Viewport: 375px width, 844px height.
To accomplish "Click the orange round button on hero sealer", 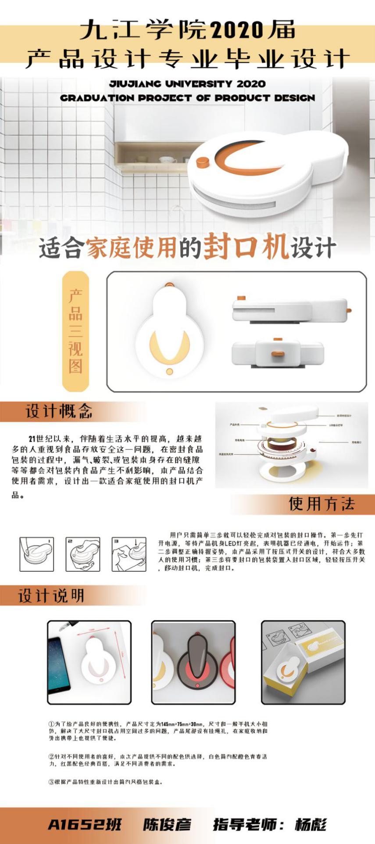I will pos(202,163).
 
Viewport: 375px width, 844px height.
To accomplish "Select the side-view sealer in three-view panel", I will pos(289,310).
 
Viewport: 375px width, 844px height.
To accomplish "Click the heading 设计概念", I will pos(59,411).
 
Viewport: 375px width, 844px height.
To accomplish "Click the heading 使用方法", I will pos(321,504).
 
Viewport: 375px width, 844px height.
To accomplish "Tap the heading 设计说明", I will pos(51,596).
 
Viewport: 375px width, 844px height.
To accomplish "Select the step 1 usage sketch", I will pos(37,554).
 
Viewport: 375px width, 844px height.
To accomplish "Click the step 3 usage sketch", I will pos(129,554).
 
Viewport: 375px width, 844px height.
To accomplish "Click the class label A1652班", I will pos(84,824).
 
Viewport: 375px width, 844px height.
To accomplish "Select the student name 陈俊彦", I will pos(167,824).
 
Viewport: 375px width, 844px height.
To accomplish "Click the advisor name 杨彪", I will pos(311,824).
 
